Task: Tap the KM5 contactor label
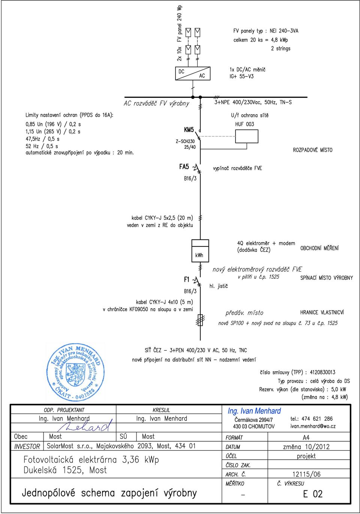pos(189,130)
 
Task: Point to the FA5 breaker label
pos(184,167)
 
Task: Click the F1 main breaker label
pos(186,279)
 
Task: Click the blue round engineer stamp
pos(75,372)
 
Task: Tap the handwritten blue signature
pos(85,426)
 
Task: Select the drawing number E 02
pos(313,494)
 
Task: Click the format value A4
pos(306,438)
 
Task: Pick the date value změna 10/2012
pos(306,447)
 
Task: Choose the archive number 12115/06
pos(306,474)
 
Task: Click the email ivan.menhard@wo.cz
pos(313,426)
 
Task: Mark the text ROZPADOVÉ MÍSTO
pos(312,150)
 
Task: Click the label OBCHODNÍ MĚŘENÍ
pos(319,248)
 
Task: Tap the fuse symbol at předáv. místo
pos(200,320)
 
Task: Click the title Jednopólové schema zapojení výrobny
pos(109,493)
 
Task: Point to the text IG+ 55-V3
pos(241,76)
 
